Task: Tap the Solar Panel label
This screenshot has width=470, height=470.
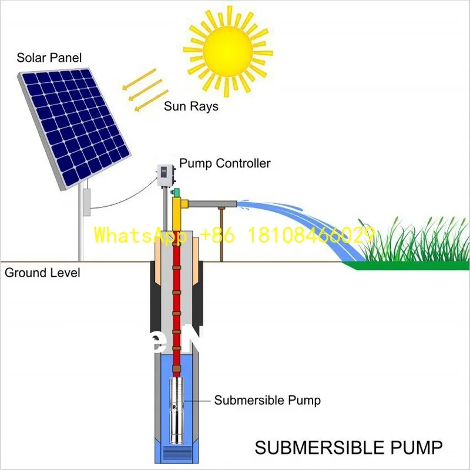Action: pos(49,58)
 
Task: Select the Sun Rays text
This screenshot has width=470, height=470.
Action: pos(191,106)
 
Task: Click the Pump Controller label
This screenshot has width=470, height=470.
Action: pos(225,163)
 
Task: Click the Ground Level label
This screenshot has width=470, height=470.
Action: pos(42,273)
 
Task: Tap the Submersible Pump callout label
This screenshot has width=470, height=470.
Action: pos(267,401)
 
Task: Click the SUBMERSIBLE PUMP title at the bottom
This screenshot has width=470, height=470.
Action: pos(348,448)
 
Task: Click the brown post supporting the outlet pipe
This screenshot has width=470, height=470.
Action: pos(221,235)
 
